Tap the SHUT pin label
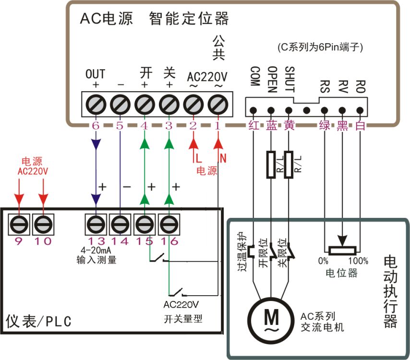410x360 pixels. pos(289,76)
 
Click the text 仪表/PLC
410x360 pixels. pos(38,321)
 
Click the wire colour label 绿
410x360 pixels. pos(325,126)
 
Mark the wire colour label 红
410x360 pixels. pos(254,126)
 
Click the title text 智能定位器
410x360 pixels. pos(189,19)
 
